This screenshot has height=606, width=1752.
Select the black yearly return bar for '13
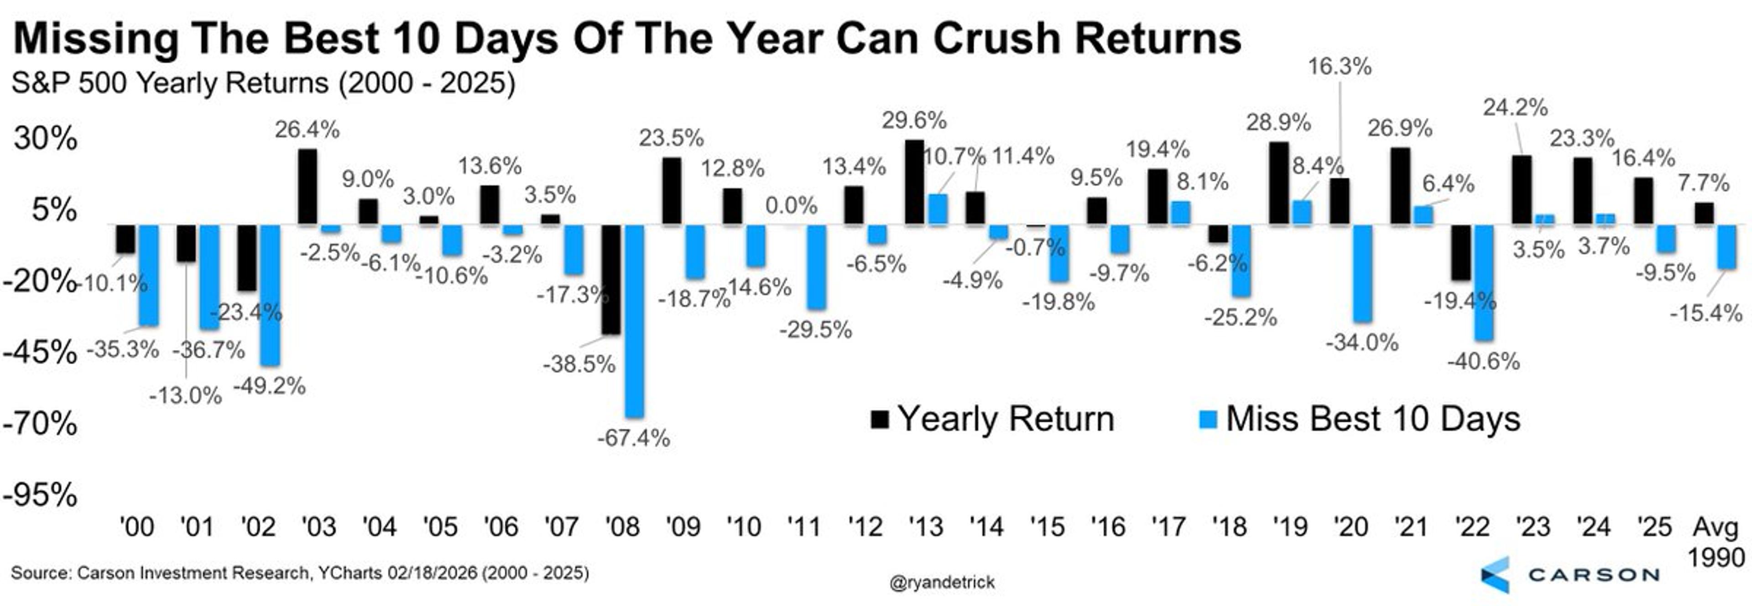(x=915, y=182)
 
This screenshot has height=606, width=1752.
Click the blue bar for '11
(x=816, y=266)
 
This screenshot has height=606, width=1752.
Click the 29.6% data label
(x=914, y=121)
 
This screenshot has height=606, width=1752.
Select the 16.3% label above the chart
(x=1339, y=67)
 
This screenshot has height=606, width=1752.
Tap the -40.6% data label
(x=1483, y=361)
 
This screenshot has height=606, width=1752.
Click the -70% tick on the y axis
(x=39, y=424)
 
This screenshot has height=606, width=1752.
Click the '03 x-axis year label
(x=318, y=527)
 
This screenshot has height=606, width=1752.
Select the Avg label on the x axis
(x=1715, y=527)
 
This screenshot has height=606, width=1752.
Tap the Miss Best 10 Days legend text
(x=1372, y=419)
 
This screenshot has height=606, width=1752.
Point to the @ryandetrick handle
(x=942, y=582)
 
